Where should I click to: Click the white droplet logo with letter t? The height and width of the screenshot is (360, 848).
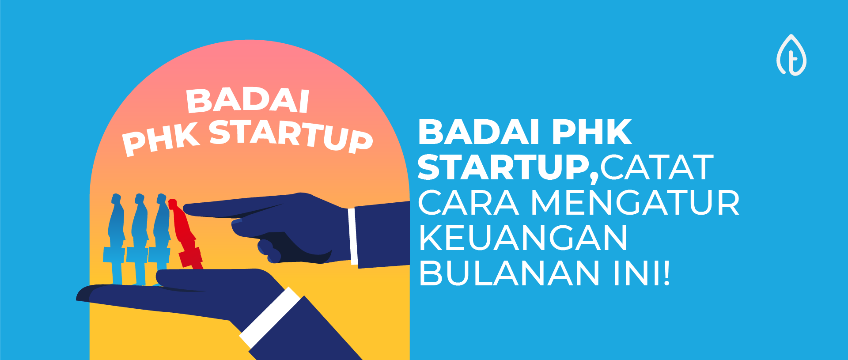tap(791, 56)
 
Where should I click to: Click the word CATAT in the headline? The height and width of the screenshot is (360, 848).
tap(656, 167)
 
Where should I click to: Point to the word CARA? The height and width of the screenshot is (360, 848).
tap(468, 203)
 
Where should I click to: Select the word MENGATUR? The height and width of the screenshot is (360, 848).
tap(635, 203)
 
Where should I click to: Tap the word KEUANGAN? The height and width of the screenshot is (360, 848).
tap(522, 238)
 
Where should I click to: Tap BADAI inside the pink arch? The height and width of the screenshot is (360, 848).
tap(247, 101)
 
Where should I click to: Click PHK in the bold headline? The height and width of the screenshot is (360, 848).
tap(592, 132)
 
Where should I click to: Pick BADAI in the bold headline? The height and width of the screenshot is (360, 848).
tap(479, 132)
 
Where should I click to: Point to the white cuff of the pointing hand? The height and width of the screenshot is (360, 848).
tap(352, 236)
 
